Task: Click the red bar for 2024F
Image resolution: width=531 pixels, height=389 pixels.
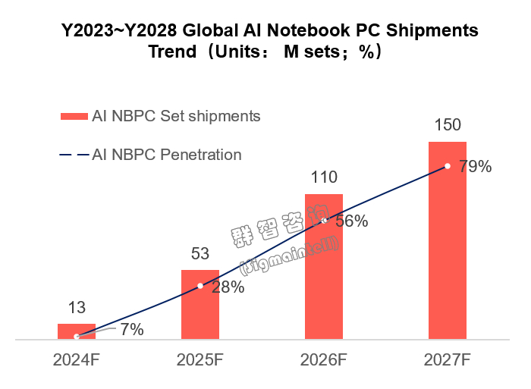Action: pyautogui.click(x=77, y=331)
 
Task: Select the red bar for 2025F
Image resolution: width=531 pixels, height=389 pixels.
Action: pyautogui.click(x=200, y=305)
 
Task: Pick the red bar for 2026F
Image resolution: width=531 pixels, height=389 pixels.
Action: pyautogui.click(x=324, y=266)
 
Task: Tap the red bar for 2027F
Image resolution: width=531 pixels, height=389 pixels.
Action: pyautogui.click(x=448, y=240)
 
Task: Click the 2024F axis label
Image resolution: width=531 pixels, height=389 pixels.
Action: pyautogui.click(x=77, y=359)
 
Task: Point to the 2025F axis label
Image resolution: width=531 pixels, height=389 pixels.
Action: pyautogui.click(x=200, y=359)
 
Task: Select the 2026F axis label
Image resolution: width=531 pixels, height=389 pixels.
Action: pyautogui.click(x=324, y=359)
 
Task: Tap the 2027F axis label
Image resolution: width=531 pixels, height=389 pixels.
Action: pyautogui.click(x=448, y=359)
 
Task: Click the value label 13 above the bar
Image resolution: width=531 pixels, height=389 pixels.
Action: pyautogui.click(x=77, y=308)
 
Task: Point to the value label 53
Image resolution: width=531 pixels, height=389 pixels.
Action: pyautogui.click(x=200, y=255)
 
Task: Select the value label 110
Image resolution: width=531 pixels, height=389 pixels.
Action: pyautogui.click(x=324, y=179)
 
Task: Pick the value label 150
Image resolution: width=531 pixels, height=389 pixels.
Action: pyautogui.click(x=448, y=126)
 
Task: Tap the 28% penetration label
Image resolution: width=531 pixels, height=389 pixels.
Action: pyautogui.click(x=228, y=287)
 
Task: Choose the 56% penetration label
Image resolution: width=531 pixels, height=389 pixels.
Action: pyautogui.click(x=351, y=221)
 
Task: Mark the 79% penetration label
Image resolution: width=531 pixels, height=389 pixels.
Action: pyautogui.click(x=476, y=167)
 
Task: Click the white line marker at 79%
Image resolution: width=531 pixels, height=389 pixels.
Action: pyautogui.click(x=448, y=165)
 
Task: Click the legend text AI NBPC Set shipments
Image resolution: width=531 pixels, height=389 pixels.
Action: pyautogui.click(x=176, y=116)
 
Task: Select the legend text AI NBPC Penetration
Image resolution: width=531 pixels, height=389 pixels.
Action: pyautogui.click(x=167, y=155)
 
